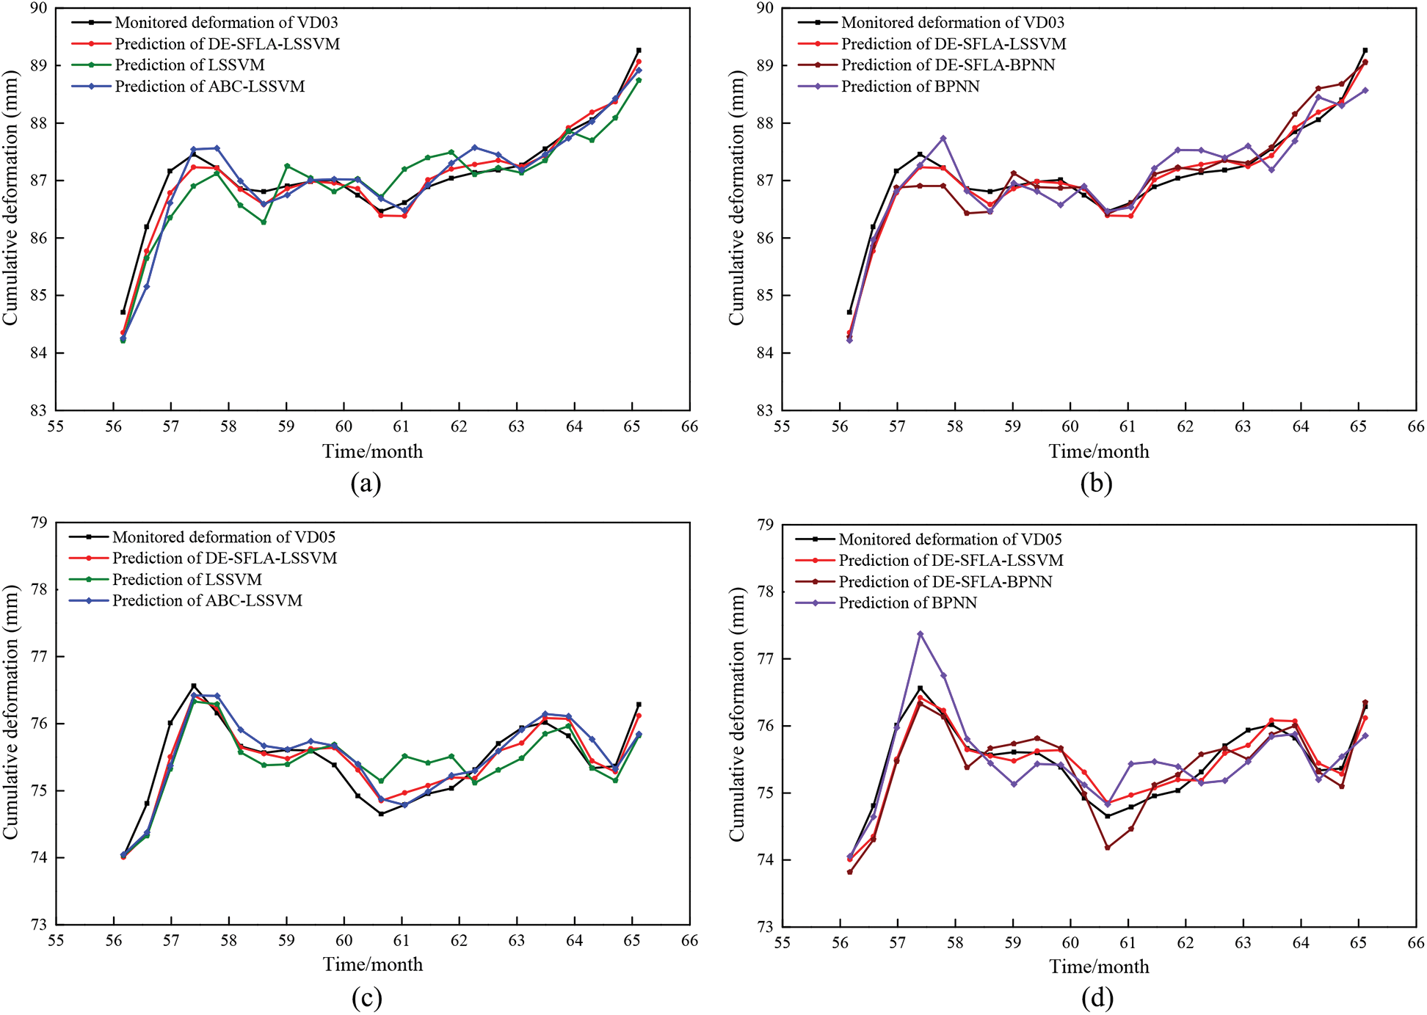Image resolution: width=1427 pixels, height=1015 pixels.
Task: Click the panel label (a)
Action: click(366, 484)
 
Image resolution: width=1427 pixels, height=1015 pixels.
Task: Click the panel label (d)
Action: click(1097, 997)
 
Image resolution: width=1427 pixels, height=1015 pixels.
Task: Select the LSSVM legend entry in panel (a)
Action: click(189, 65)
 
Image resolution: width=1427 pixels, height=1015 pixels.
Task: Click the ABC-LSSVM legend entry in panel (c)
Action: click(207, 600)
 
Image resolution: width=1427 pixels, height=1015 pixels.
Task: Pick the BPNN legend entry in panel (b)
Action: click(910, 87)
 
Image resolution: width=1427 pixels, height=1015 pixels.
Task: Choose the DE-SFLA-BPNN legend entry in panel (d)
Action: click(945, 582)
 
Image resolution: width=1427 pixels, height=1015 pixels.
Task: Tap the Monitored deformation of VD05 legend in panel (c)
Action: click(223, 537)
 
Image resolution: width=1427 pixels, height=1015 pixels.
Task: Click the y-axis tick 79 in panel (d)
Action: click(765, 525)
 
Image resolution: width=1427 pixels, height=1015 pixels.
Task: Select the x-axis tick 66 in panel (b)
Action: click(1415, 426)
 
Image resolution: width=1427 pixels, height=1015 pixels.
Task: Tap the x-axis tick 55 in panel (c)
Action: click(56, 941)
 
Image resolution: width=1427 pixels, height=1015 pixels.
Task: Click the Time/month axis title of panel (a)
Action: click(372, 451)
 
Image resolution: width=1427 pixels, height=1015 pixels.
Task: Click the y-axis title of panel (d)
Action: click(736, 714)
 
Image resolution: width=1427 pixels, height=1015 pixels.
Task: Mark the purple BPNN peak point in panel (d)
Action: click(920, 634)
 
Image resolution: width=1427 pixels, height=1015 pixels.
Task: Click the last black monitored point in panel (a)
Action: click(639, 50)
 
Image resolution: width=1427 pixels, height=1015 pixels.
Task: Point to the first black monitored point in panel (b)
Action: click(849, 312)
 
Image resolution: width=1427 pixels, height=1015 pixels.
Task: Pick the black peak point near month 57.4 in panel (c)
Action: click(194, 686)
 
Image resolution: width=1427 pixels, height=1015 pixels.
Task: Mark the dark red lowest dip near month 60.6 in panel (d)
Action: click(1107, 848)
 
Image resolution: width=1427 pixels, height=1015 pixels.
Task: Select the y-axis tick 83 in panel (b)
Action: click(765, 410)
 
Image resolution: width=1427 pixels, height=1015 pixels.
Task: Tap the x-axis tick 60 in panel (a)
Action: click(344, 426)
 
